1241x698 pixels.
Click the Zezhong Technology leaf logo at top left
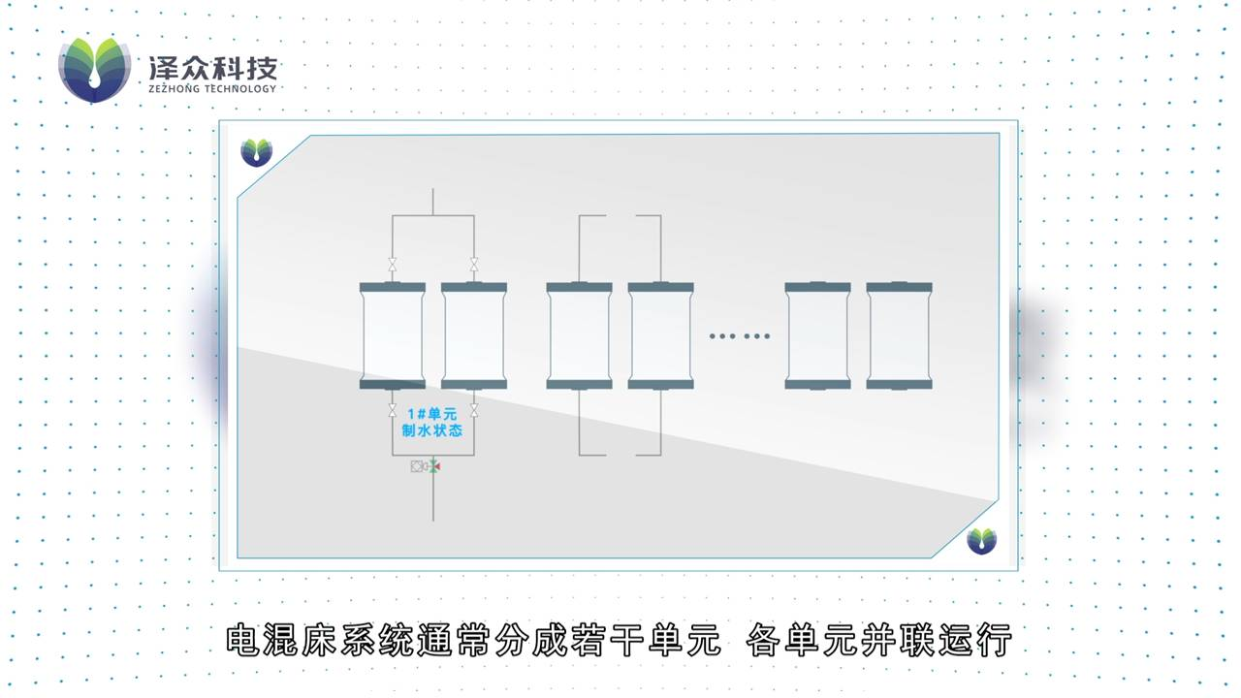click(x=94, y=70)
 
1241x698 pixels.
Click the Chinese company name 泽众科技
click(x=212, y=67)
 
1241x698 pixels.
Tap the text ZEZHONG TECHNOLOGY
click(x=212, y=88)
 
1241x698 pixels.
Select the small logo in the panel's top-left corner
click(x=256, y=152)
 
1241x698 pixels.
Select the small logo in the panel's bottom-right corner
click(x=981, y=540)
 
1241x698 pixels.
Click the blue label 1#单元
click(x=431, y=414)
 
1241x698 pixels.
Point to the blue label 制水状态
click(x=431, y=430)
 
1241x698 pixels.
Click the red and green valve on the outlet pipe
click(x=432, y=466)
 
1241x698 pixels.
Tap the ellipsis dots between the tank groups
click(x=740, y=336)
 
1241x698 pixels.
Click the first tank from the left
click(x=393, y=335)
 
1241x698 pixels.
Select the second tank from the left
click(x=474, y=335)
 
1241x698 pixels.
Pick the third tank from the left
click(x=579, y=335)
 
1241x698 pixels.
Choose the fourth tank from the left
click(x=660, y=335)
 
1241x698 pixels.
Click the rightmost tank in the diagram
click(x=899, y=335)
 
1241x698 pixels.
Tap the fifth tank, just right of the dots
click(x=817, y=335)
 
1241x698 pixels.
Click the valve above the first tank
click(x=393, y=265)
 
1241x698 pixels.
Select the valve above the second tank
click(x=474, y=265)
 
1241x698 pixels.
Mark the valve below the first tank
click(x=393, y=410)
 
